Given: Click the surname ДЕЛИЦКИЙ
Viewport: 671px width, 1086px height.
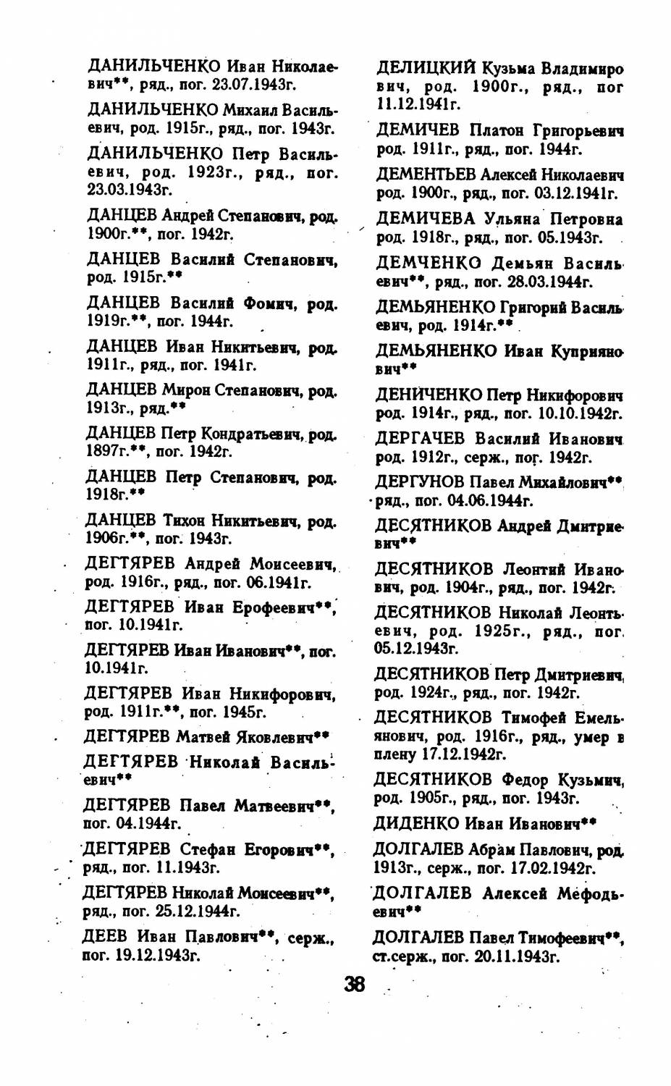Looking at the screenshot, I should click(426, 69).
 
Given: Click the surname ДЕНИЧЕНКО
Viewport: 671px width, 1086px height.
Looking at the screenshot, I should click(429, 396).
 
